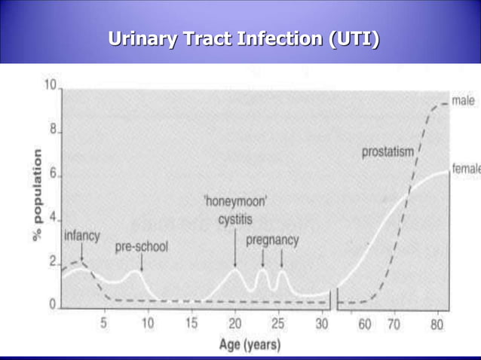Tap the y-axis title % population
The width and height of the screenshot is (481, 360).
tap(36, 194)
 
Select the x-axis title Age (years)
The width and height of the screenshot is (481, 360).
tap(250, 345)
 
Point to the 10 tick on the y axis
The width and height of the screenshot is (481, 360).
tap(51, 86)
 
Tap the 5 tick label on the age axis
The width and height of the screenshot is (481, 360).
tap(104, 323)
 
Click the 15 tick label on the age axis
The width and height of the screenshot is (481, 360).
tap(191, 323)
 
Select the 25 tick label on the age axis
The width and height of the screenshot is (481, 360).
tap(278, 323)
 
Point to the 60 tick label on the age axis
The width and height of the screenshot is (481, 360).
tap(365, 325)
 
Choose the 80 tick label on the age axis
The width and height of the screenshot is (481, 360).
tap(437, 325)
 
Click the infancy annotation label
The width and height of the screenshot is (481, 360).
tap(81, 236)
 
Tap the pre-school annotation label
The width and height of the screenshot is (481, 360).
tap(141, 246)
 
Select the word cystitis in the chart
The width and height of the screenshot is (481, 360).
tap(235, 220)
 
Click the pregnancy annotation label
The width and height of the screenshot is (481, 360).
tap(272, 240)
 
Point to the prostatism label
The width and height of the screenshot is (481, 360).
tap(388, 152)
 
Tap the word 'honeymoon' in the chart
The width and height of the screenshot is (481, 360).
tap(235, 202)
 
